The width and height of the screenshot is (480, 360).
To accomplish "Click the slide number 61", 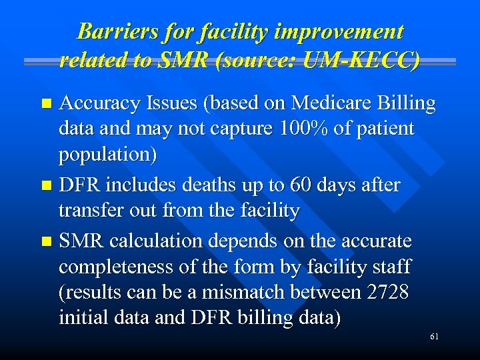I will (434, 337).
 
